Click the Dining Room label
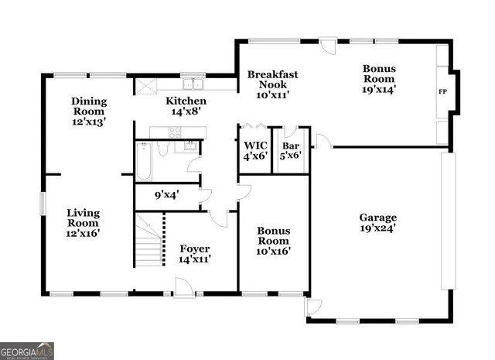pos(88,111)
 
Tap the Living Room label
pos(83,222)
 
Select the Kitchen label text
pos(186,106)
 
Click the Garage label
pos(377,223)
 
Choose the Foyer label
pos(195,253)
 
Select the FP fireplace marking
pos(442,92)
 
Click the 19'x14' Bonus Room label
pos(379,78)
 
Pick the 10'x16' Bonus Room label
pos(273,241)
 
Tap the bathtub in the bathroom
pos(143,162)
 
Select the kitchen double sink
pos(192,85)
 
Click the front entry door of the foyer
pos(184,288)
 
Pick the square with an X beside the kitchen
pos(145,86)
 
